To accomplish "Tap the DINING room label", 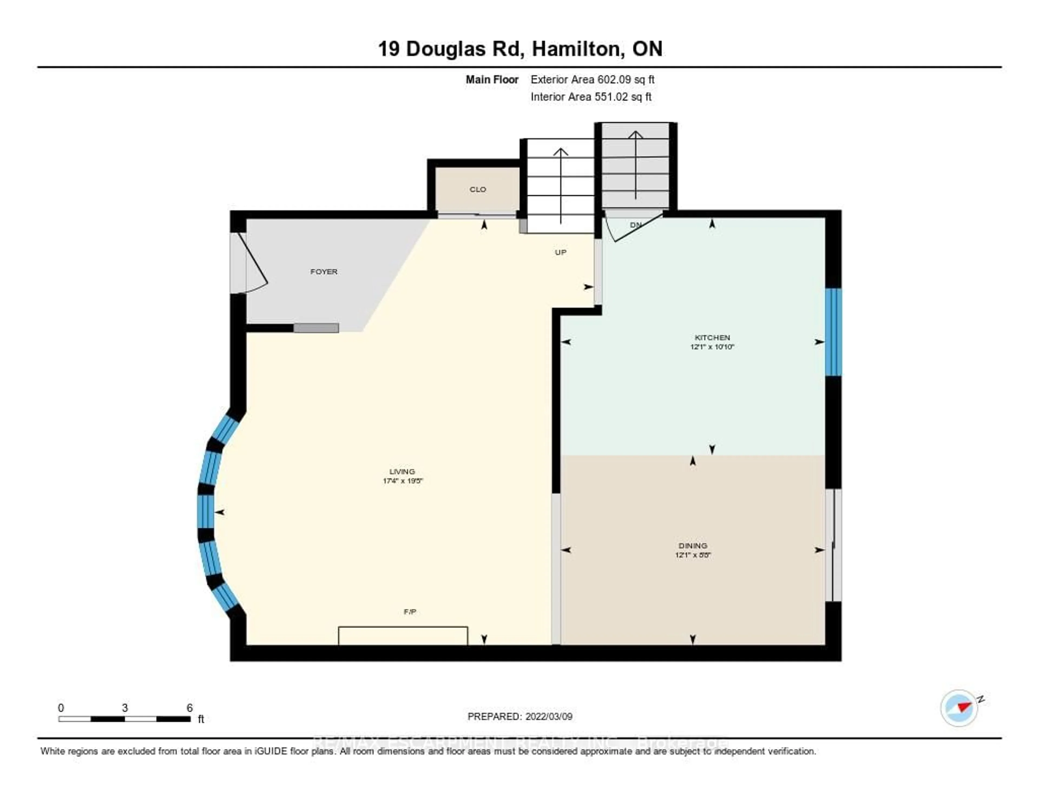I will [x=693, y=546].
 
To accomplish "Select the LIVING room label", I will [x=402, y=471].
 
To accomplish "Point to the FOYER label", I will [x=324, y=272].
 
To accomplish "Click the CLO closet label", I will [x=478, y=190].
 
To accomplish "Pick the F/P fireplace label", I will [x=410, y=612].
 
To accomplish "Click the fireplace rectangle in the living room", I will [x=402, y=636].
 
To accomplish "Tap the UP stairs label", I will [x=560, y=252].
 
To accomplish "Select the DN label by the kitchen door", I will [x=636, y=225].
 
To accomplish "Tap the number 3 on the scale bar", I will [x=125, y=708].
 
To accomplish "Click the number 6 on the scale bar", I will [x=189, y=708].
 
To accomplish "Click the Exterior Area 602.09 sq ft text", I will [x=592, y=80].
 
